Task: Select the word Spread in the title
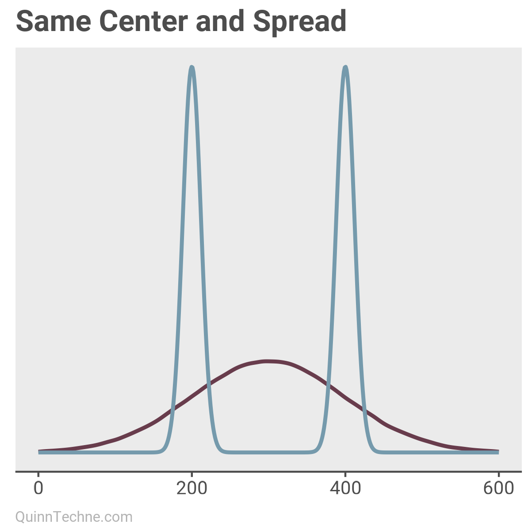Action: pyautogui.click(x=300, y=21)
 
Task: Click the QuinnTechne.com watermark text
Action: pyautogui.click(x=74, y=517)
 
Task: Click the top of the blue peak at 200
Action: pyautogui.click(x=192, y=67)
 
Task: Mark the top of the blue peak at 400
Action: pyautogui.click(x=345, y=67)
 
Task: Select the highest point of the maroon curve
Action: pyautogui.click(x=268, y=361)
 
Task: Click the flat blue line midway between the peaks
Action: pyautogui.click(x=269, y=452)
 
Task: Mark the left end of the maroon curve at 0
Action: pyautogui.click(x=39, y=451)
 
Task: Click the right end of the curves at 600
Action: pyautogui.click(x=498, y=452)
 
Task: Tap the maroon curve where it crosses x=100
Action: pyautogui.click(x=115, y=439)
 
